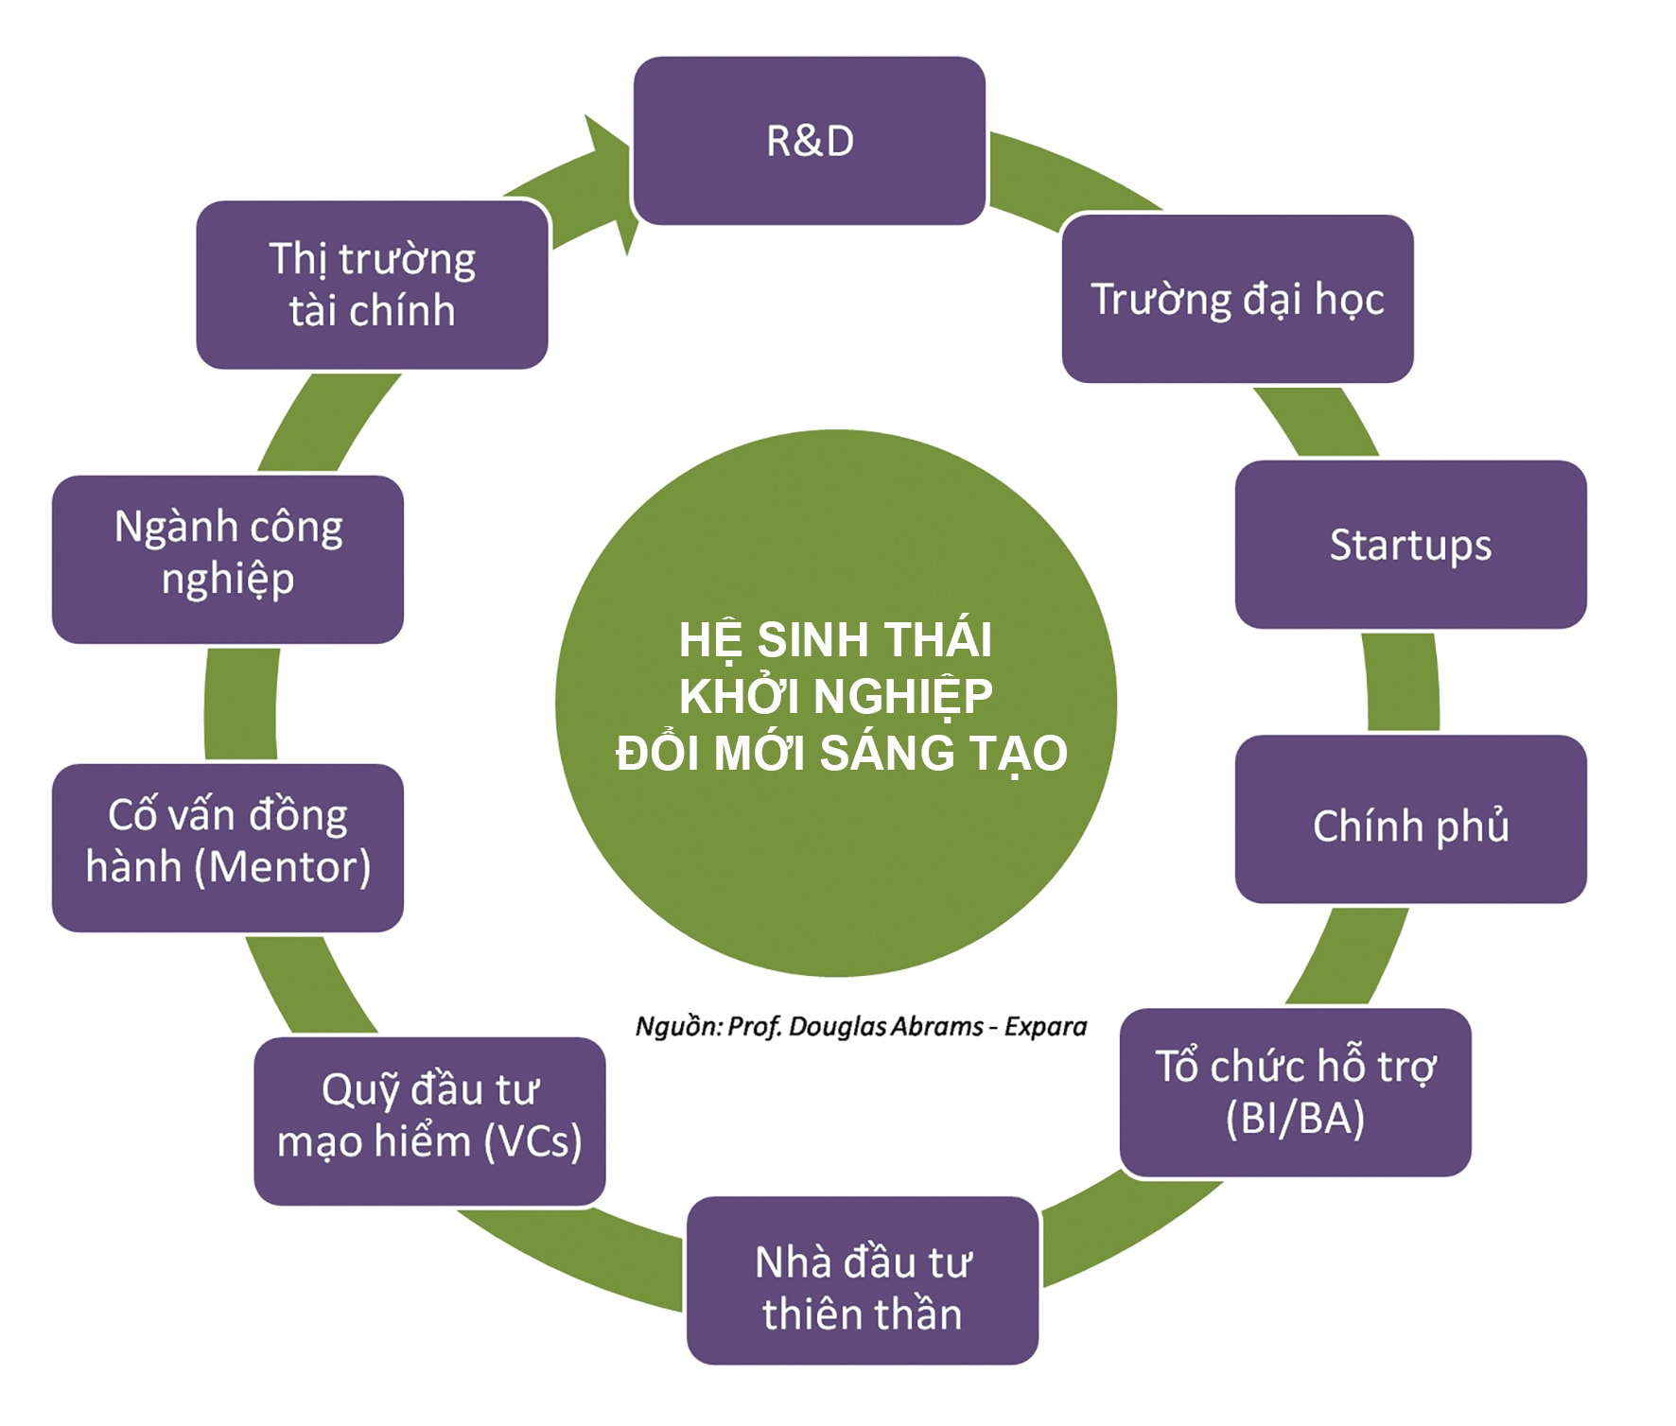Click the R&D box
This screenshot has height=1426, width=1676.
tap(809, 141)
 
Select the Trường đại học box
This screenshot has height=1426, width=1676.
tap(1237, 299)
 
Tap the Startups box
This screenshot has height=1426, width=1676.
tap(1410, 545)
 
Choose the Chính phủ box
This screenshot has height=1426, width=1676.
tap(1410, 825)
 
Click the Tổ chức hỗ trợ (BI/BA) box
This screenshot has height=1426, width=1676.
tap(1295, 1092)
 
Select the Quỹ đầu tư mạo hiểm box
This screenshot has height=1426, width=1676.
tap(429, 1116)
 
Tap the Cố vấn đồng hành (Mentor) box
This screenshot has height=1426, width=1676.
tap(228, 842)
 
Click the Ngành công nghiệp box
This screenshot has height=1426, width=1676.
tap(228, 553)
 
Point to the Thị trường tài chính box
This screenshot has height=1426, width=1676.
tap(372, 284)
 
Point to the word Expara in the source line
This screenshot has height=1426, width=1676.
tap(1045, 1027)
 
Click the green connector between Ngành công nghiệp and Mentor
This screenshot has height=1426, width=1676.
tap(241, 704)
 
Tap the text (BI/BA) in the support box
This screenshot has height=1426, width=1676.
tap(1295, 1118)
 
